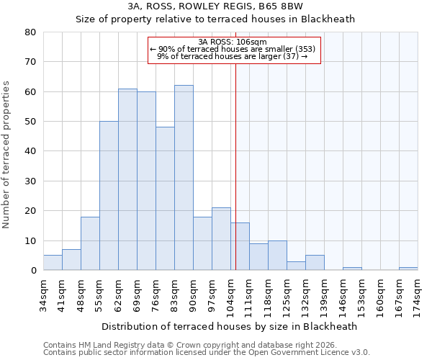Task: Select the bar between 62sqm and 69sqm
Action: click(127, 179)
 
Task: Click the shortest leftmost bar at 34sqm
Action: click(53, 263)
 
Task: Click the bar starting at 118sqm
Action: click(277, 256)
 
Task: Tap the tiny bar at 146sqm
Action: click(352, 269)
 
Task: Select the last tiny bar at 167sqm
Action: click(408, 269)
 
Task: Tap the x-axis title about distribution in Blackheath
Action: click(230, 326)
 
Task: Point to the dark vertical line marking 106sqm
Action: click(235, 180)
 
